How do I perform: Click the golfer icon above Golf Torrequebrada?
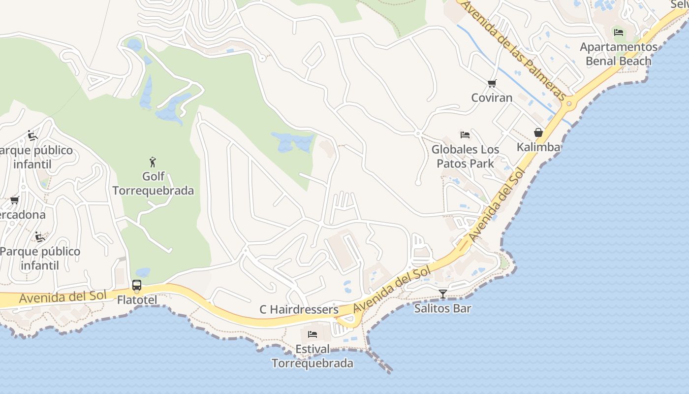[x=153, y=162]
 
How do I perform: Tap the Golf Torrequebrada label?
[x=153, y=183]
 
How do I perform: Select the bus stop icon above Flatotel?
[x=137, y=285]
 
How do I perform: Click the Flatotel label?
[x=137, y=300]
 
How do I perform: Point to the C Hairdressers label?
[x=299, y=309]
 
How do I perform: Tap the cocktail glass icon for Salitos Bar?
[x=443, y=294]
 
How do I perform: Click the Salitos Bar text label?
[x=443, y=309]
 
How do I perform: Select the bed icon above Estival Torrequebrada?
[x=313, y=334]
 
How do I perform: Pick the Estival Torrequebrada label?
[x=313, y=356]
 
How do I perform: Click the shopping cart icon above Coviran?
[x=492, y=83]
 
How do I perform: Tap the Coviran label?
[x=492, y=98]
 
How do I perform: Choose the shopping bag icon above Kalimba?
[x=538, y=132]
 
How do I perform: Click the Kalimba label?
[x=538, y=147]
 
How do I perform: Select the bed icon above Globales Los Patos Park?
[x=465, y=134]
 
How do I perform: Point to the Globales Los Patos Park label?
[x=465, y=156]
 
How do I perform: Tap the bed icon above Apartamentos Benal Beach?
[x=619, y=33]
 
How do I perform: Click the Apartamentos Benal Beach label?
[x=619, y=54]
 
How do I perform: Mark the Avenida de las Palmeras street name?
[x=514, y=49]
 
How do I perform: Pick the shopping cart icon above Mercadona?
[x=15, y=200]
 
